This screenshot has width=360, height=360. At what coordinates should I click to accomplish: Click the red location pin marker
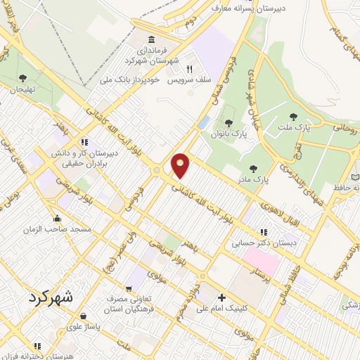181,165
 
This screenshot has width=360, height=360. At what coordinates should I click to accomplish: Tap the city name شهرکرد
51,297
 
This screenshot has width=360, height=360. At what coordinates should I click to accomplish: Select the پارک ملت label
302,128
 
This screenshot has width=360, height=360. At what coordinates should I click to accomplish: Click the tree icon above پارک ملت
294,117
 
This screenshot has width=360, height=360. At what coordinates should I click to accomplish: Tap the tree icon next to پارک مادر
252,169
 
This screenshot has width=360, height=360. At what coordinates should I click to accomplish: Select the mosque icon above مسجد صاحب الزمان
57,217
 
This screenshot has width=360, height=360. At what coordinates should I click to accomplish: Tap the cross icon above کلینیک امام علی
221,297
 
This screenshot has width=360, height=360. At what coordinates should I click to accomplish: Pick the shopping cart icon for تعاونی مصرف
129,288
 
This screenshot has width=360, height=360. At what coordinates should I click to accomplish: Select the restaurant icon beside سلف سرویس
189,69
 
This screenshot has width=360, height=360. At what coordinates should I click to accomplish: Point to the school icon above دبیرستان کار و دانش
84,141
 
